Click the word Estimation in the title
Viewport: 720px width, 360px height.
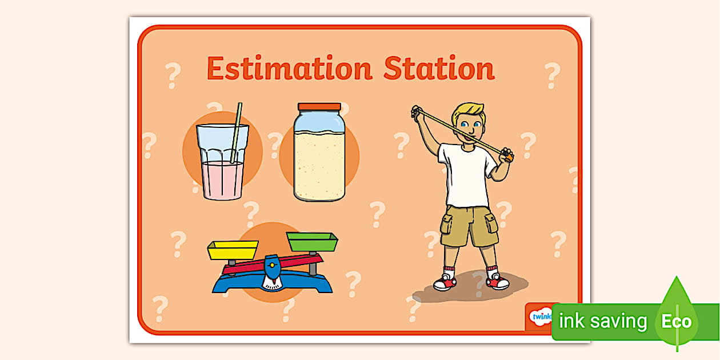click(x=289, y=69)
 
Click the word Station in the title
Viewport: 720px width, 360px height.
click(x=438, y=69)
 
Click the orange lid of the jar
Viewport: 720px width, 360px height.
click(x=319, y=107)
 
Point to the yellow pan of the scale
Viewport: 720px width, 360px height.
click(x=233, y=250)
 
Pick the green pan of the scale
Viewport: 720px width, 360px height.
click(x=311, y=242)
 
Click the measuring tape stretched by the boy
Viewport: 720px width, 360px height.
click(x=457, y=130)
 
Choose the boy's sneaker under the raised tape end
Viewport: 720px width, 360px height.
click(x=445, y=282)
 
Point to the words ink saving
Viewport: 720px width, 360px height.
click(x=602, y=321)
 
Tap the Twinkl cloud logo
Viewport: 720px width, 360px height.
click(x=540, y=316)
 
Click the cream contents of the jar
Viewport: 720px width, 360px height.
click(x=319, y=166)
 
